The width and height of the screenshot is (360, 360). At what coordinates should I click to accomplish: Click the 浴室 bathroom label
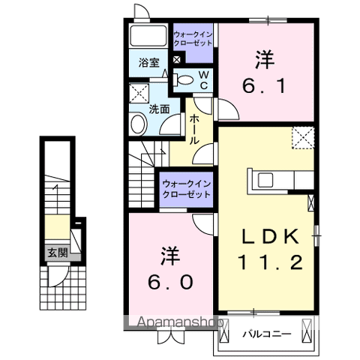(148, 64)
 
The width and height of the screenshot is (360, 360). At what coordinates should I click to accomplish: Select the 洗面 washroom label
(159, 108)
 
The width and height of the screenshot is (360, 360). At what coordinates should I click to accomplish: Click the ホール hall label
(194, 129)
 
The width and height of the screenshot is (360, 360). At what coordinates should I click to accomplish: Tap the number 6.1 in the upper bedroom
(262, 85)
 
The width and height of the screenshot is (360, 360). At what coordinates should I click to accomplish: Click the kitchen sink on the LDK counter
(267, 180)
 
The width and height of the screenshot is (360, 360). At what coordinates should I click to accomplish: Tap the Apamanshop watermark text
(174, 322)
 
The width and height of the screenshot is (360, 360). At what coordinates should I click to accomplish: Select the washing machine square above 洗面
(139, 93)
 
